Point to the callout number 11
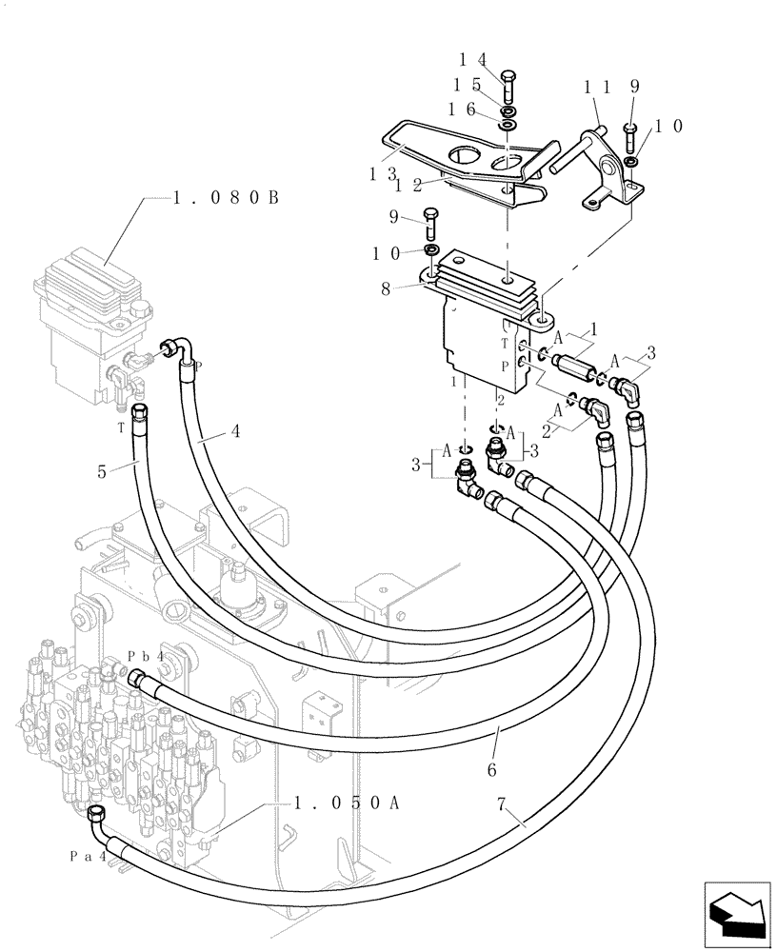pos(596,87)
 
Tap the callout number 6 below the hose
pos(491,767)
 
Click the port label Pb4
pos(147,657)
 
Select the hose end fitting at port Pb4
pos(139,677)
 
